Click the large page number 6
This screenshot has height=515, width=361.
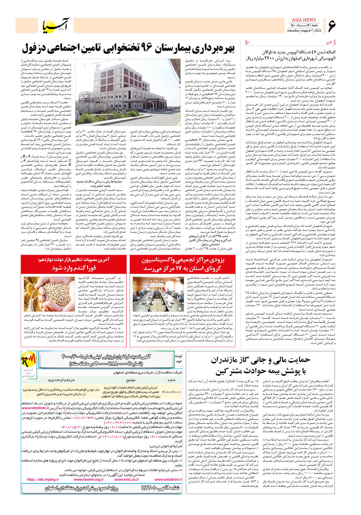pos(332,25)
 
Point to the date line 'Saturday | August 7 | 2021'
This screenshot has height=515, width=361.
pos(304,31)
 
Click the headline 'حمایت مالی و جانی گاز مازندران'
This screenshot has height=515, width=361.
pos(260,360)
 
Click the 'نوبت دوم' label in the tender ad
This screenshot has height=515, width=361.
pos(178,358)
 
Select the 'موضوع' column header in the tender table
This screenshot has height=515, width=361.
pos(131,380)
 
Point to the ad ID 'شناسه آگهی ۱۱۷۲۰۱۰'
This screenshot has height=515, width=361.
pos(160,488)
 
